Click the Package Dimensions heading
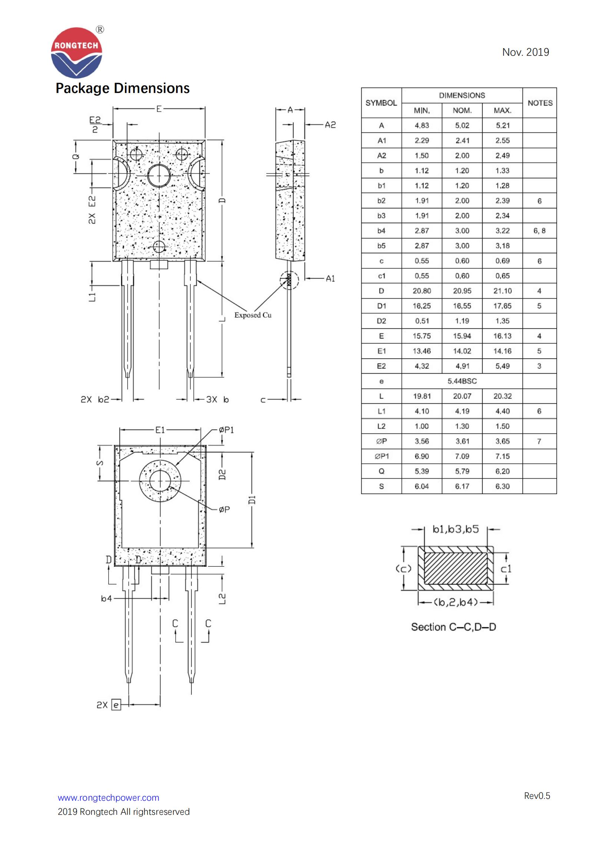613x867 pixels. click(x=122, y=88)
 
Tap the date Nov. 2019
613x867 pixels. click(x=525, y=52)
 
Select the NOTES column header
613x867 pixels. click(x=539, y=103)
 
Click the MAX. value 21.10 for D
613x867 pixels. click(x=502, y=291)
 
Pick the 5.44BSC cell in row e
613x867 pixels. click(x=462, y=381)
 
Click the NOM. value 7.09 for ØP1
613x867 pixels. click(x=462, y=456)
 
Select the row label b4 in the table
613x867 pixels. click(x=381, y=231)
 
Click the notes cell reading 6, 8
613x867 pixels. click(x=539, y=231)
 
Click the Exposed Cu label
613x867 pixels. click(x=252, y=315)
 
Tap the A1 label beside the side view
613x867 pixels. click(x=330, y=278)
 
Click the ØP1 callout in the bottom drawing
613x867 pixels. click(x=226, y=430)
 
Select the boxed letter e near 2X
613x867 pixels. click(x=116, y=705)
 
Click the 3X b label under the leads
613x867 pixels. click(x=218, y=399)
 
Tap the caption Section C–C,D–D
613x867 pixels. click(x=453, y=627)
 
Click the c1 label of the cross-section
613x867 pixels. click(x=506, y=569)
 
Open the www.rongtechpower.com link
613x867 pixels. click(x=108, y=798)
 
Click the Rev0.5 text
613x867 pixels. click(x=537, y=795)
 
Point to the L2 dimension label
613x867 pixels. click(x=222, y=599)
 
